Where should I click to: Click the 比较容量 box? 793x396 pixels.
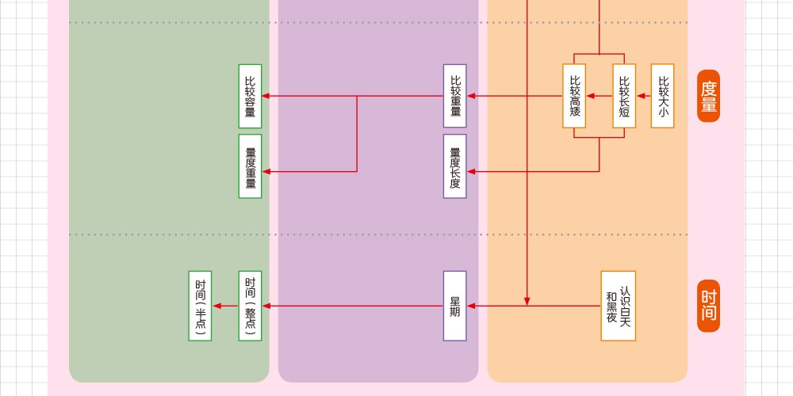click(250, 96)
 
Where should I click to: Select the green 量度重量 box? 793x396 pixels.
click(250, 166)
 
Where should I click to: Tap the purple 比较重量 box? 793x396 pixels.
click(454, 96)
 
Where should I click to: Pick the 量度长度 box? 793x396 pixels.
click(454, 166)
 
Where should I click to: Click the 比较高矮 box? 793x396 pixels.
click(574, 96)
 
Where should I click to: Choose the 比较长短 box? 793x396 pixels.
click(624, 96)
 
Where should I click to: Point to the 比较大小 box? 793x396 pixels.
click(662, 96)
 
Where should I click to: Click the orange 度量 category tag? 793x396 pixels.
click(708, 96)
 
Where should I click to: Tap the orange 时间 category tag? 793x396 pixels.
click(708, 306)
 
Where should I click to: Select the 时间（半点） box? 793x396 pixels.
click(200, 306)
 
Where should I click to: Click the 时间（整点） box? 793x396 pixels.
click(250, 306)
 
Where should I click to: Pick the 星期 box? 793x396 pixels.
click(454, 306)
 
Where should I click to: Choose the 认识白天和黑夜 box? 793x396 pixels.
click(618, 306)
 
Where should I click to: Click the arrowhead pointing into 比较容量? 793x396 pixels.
click(266, 96)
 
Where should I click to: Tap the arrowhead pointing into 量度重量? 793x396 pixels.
click(266, 171)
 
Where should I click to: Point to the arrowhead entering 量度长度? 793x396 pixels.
click(471, 171)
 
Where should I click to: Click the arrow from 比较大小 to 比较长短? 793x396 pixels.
click(643, 96)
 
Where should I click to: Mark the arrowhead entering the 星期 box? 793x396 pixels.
click(471, 306)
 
